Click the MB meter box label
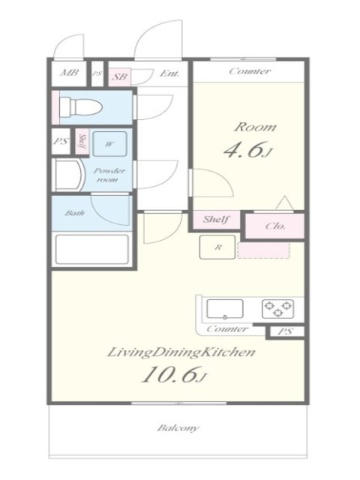coord(69,73)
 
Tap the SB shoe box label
coord(119,76)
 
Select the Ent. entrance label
coord(169,73)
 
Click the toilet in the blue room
coord(80,106)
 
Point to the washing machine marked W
coord(109,144)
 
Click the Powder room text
coord(109,175)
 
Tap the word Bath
coord(75,213)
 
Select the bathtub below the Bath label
coord(91,250)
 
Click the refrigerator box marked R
coord(217,247)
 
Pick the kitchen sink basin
coord(225,309)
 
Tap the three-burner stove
coord(278,308)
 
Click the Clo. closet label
coord(275,226)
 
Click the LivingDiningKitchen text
coord(181,352)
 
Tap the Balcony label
coord(178,427)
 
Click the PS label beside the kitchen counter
coord(285,331)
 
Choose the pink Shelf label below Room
coord(216,219)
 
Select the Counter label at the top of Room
coord(250,71)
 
